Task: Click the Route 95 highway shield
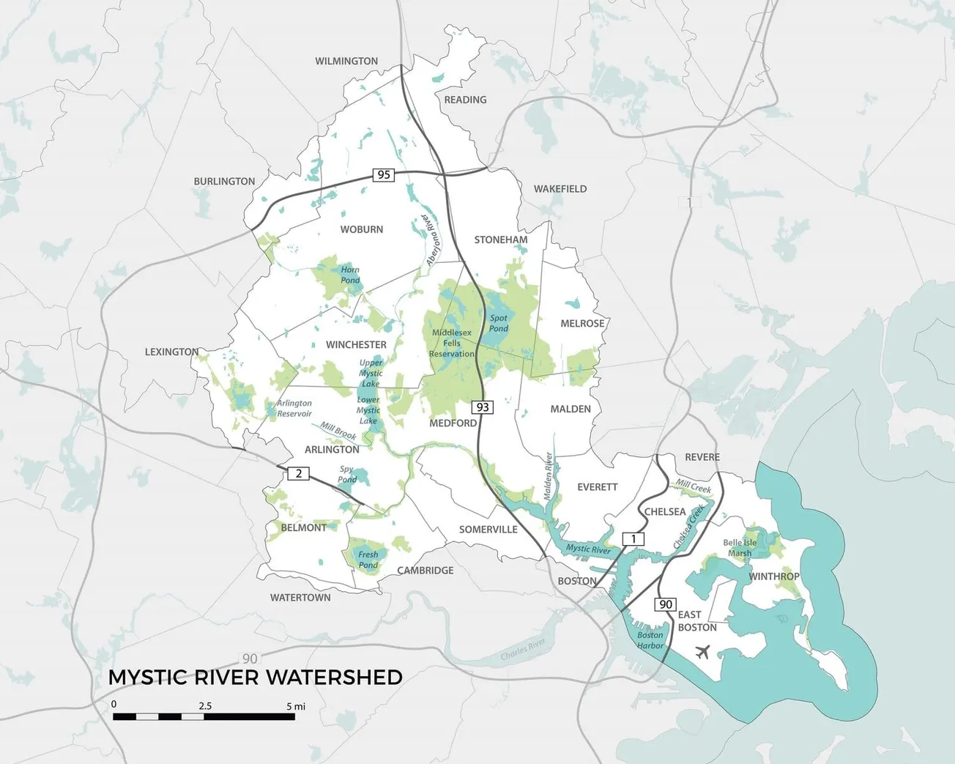(383, 174)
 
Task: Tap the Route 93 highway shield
(482, 407)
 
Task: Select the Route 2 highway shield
(298, 473)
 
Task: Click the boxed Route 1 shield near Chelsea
(633, 539)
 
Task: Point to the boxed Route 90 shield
(665, 604)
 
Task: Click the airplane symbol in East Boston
(703, 650)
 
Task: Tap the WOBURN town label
(361, 229)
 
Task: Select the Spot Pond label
(499, 323)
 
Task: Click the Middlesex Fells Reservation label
(452, 343)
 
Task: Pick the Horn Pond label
(350, 275)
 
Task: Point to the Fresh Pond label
(368, 560)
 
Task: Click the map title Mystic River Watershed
(255, 678)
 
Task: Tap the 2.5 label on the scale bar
(205, 706)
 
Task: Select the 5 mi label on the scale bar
(296, 706)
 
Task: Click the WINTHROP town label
(773, 576)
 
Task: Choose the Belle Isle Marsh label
(740, 548)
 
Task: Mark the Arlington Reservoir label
(294, 408)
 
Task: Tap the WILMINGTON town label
(346, 61)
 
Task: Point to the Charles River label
(523, 649)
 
